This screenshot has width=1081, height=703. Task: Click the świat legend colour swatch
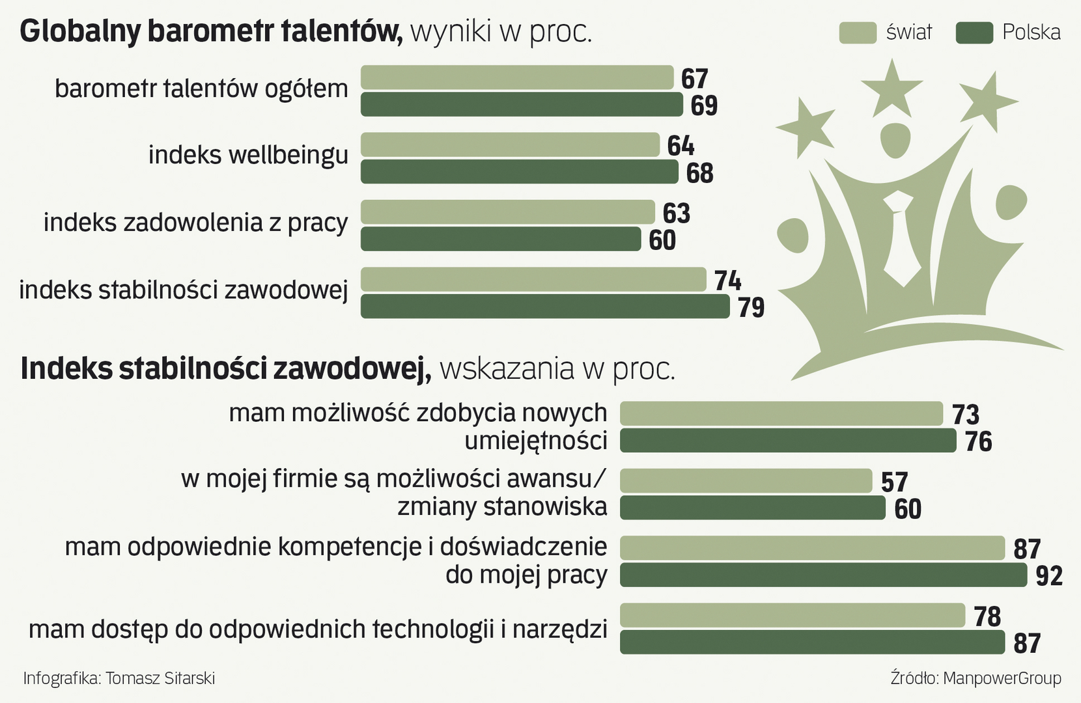[x=858, y=33]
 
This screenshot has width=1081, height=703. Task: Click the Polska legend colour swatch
[x=974, y=33]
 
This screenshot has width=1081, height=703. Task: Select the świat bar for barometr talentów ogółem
[x=516, y=77]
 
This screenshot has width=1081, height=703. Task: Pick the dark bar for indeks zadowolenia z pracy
[x=500, y=240]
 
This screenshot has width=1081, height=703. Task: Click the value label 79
[x=751, y=307]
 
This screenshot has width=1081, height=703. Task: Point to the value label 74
[x=727, y=281]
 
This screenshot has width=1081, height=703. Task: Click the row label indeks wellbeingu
[x=248, y=156]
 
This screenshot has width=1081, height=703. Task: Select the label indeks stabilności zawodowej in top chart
[x=183, y=290]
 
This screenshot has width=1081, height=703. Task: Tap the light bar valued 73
[x=781, y=413]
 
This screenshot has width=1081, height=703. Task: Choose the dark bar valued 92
[x=822, y=575]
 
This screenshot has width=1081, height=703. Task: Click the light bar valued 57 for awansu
[x=746, y=481]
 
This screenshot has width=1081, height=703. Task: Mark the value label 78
[x=987, y=616]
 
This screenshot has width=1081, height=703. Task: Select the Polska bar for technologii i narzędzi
[x=812, y=642]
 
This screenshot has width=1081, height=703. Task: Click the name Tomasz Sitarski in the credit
[x=160, y=678]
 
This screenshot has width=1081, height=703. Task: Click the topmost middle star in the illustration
[x=891, y=88]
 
